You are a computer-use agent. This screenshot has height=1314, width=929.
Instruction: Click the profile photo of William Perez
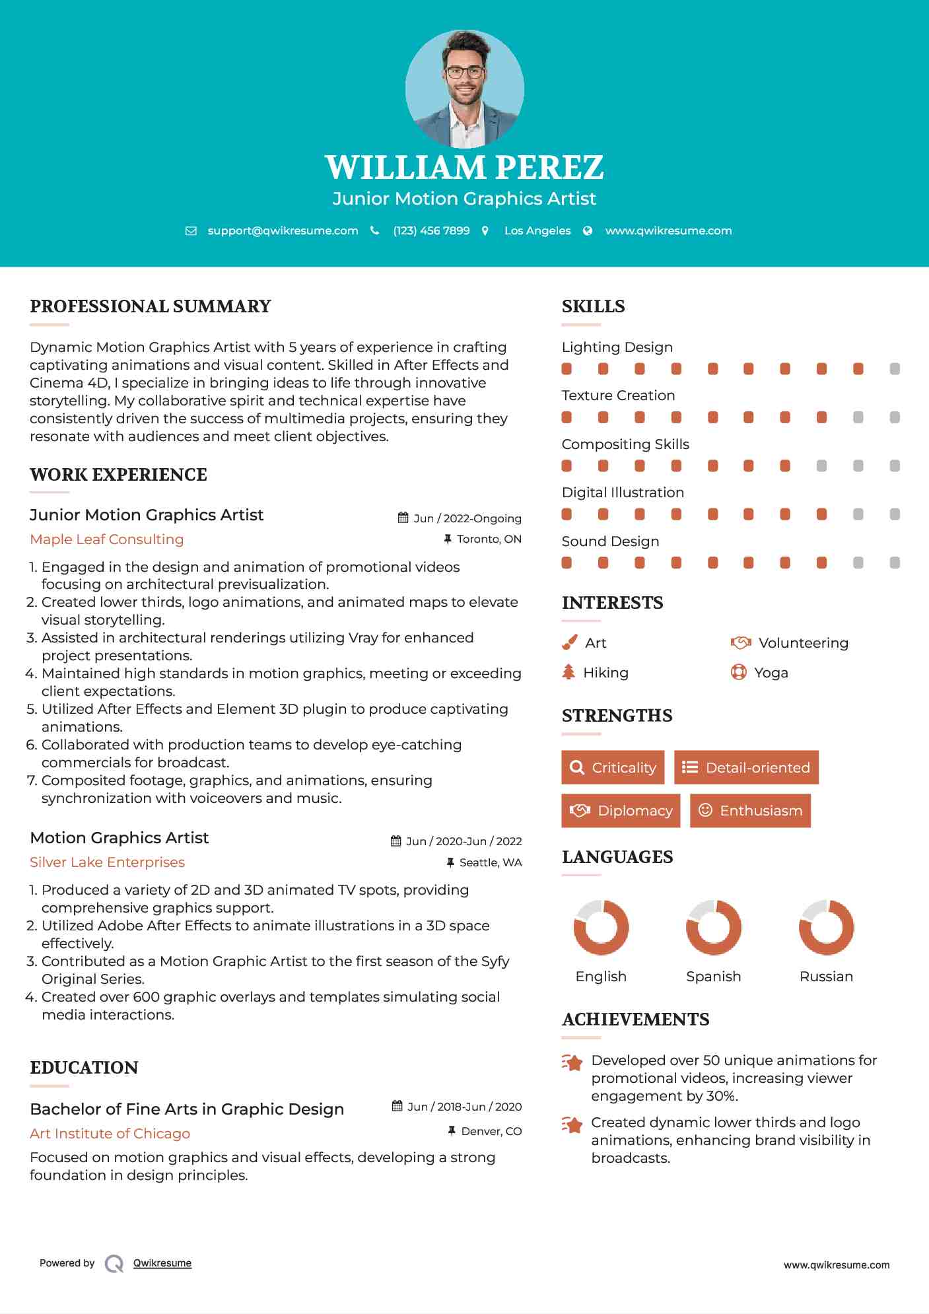click(464, 88)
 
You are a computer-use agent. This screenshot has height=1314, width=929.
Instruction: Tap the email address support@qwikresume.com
click(283, 230)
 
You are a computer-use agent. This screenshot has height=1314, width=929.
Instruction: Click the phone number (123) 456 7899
click(431, 230)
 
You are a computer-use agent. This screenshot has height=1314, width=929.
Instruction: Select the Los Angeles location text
click(537, 230)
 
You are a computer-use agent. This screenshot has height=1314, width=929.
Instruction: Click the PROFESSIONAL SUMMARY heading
click(151, 306)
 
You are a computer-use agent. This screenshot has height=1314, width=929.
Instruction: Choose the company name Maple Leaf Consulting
click(107, 539)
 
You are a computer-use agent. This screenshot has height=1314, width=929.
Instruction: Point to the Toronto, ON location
click(489, 539)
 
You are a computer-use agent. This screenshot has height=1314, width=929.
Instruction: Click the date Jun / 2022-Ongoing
click(467, 518)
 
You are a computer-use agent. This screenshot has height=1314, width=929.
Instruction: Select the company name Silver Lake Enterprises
click(108, 862)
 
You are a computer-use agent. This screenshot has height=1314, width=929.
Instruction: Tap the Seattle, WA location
click(490, 862)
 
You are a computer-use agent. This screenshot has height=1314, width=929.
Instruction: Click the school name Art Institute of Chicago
click(110, 1134)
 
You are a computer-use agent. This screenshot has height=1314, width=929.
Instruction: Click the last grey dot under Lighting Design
click(895, 369)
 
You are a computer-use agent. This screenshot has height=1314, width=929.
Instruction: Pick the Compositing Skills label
click(625, 444)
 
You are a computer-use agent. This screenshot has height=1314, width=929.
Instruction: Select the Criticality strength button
click(613, 767)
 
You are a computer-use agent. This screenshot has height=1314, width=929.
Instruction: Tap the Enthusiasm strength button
click(750, 810)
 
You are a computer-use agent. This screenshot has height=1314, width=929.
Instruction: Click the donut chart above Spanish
click(713, 927)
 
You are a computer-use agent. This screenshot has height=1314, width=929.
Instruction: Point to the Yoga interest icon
click(738, 672)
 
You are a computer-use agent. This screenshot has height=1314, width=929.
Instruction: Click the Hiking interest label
click(605, 673)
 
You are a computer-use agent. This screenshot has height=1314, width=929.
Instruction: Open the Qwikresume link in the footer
click(162, 1263)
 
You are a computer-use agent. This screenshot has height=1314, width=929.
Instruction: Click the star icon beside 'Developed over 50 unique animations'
click(572, 1062)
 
